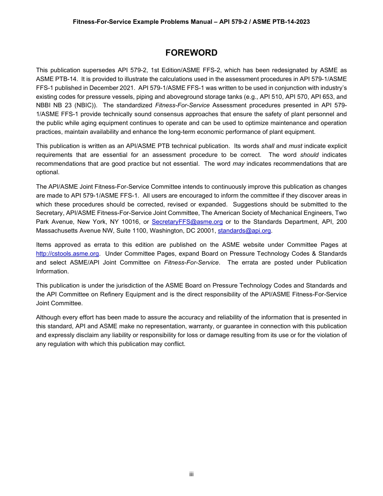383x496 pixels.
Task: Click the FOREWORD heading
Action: coord(191,53)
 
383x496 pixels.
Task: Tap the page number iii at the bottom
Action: coord(191,474)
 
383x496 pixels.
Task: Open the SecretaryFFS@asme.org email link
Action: coord(187,222)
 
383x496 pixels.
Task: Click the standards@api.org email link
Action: coord(244,231)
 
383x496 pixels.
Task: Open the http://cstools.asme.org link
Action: coord(67,254)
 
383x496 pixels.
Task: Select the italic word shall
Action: coord(268,146)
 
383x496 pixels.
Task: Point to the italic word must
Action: coord(295,146)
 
